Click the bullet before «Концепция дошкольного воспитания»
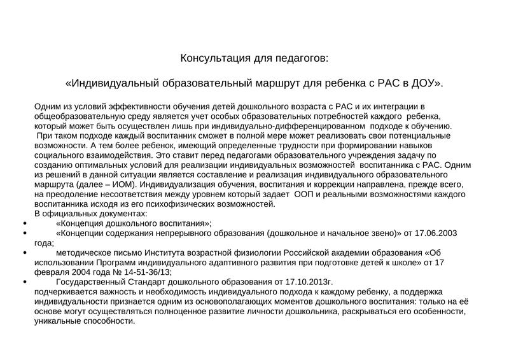pyautogui.click(x=24, y=224)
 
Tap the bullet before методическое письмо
pyautogui.click(x=24, y=253)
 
